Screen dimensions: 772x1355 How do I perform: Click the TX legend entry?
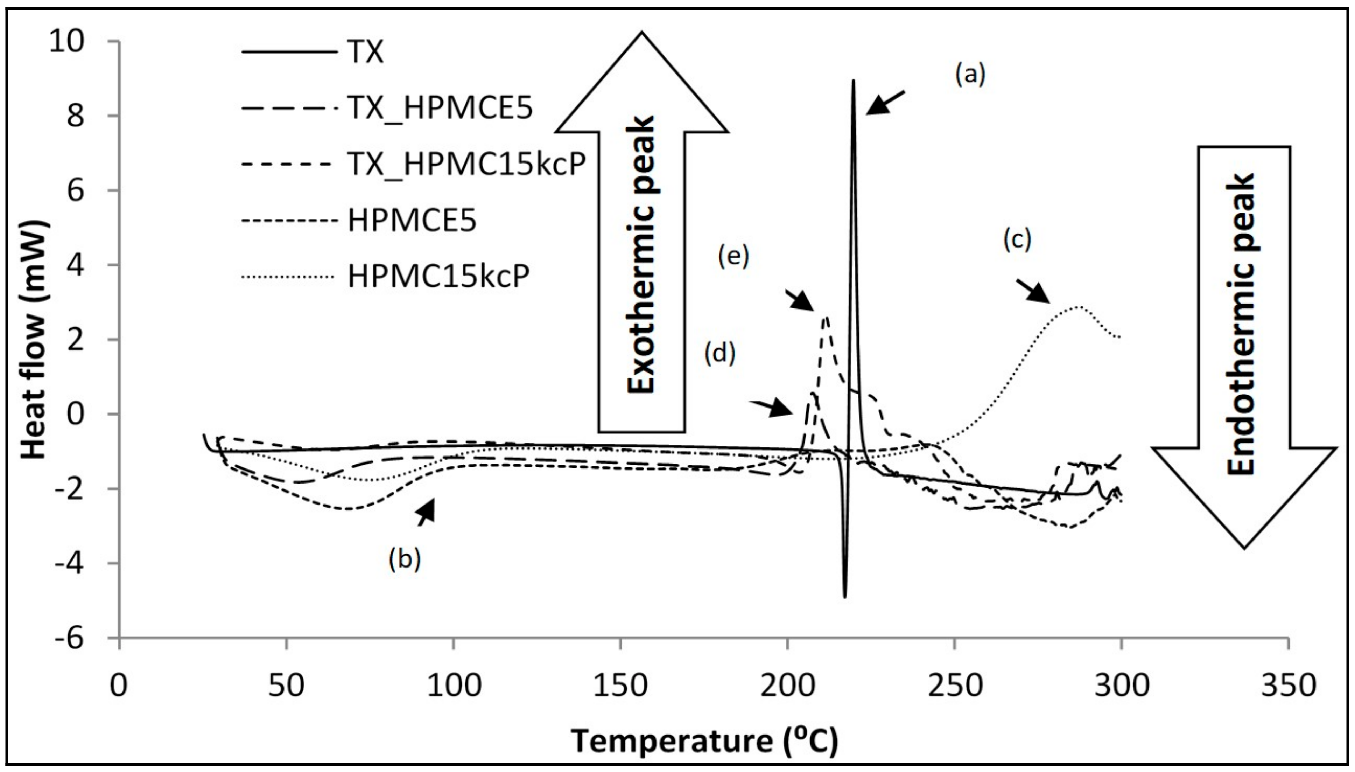click(x=366, y=53)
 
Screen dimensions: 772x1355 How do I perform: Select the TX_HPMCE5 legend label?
click(x=440, y=108)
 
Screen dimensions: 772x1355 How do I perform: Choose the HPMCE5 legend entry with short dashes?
click(x=412, y=220)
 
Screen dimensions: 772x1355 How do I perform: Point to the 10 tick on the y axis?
click(x=67, y=41)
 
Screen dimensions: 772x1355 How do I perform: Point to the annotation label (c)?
click(x=1017, y=240)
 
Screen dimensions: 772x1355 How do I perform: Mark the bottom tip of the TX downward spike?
click(x=845, y=596)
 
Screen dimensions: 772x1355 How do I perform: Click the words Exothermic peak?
click(x=641, y=255)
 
